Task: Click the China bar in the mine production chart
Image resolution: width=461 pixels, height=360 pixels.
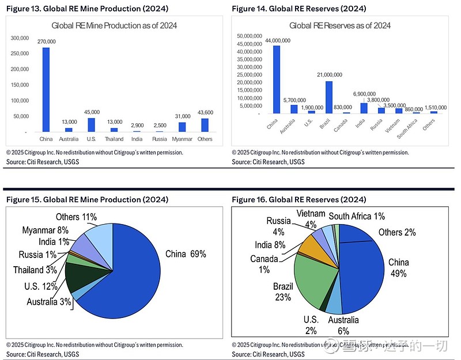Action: (x=46, y=89)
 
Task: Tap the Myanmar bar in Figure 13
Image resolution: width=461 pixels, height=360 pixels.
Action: (x=182, y=127)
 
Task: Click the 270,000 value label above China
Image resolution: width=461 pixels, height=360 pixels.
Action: (x=46, y=41)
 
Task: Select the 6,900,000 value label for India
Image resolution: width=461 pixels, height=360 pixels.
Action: (x=364, y=93)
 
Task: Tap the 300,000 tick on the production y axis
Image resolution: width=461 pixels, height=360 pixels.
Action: (x=20, y=38)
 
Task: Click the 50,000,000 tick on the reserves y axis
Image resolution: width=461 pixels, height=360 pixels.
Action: (x=249, y=36)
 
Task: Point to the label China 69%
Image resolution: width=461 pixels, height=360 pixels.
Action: (x=186, y=254)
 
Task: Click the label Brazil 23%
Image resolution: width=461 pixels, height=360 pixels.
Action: (x=283, y=292)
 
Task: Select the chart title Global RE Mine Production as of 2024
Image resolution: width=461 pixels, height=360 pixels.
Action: (x=114, y=25)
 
